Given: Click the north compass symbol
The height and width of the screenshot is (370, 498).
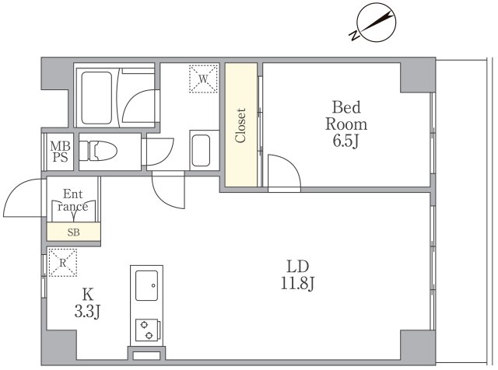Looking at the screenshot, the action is pos(375,23).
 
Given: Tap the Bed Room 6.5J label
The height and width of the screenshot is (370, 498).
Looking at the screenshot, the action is pos(346,124).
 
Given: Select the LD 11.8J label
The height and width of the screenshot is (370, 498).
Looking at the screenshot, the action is pos(297,275).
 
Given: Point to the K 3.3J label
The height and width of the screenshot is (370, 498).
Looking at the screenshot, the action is pos(88,303).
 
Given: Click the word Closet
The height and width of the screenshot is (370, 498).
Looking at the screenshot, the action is pos(240,125).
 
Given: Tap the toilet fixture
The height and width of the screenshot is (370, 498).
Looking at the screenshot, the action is pos(98,151).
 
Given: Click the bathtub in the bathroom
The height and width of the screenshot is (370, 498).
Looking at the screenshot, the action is pos(96,98).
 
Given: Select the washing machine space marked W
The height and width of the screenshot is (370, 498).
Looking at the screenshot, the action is pos(203,79).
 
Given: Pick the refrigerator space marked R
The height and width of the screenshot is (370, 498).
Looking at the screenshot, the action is pos(63,263).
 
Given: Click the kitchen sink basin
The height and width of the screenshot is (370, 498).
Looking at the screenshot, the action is pos(147,285).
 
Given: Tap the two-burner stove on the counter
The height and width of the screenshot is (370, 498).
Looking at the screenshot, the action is pos(147,330).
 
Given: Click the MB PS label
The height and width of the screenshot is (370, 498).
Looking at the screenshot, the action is pos(61,152).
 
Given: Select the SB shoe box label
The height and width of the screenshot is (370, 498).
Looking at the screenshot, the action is pos(73,232).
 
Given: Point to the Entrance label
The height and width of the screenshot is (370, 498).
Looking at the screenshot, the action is pos(72,201).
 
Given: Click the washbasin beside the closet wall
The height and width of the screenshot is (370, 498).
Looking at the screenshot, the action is pos(201,151).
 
